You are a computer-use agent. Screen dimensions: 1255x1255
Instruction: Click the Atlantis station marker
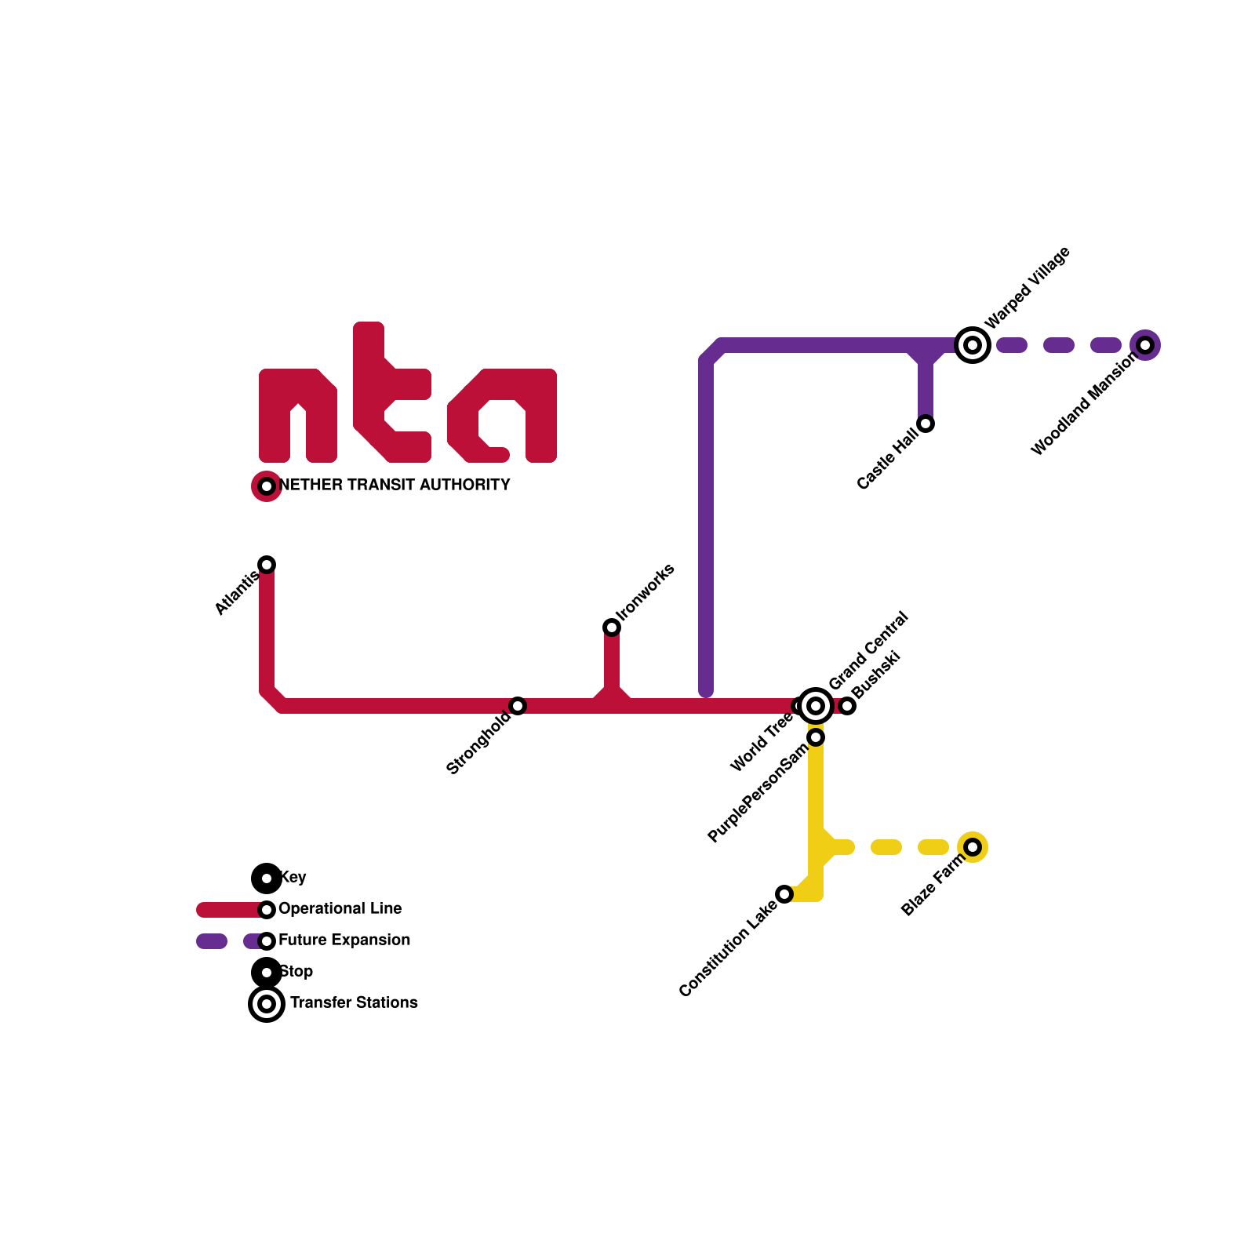coord(267,565)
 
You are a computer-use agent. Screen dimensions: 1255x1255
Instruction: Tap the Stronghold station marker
coord(518,706)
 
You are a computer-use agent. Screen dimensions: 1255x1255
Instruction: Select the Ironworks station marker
coord(612,627)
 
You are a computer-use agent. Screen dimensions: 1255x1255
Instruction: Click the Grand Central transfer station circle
coord(816,706)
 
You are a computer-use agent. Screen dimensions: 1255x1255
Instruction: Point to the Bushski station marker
coord(847,706)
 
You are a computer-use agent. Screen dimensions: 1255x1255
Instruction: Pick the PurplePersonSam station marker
coord(816,737)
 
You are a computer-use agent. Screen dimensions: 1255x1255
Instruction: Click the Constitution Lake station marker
coord(784,894)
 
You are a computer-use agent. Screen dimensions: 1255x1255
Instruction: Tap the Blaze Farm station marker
coord(973,847)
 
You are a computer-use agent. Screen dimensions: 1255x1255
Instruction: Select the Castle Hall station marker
coord(926,424)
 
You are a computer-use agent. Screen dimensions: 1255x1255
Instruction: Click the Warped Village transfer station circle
coord(973,345)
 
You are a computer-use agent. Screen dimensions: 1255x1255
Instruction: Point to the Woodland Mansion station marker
coord(1145,345)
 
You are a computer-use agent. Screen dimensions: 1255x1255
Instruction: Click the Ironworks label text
coord(646,591)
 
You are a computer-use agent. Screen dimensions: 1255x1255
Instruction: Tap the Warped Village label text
coord(1028,288)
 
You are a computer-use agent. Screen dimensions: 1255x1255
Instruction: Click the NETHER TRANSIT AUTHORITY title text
coord(395,486)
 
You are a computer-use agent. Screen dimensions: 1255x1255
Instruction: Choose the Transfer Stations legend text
coord(354,1003)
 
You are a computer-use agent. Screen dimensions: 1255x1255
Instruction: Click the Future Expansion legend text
coord(344,940)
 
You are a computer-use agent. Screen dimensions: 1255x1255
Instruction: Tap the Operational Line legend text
coord(340,909)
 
